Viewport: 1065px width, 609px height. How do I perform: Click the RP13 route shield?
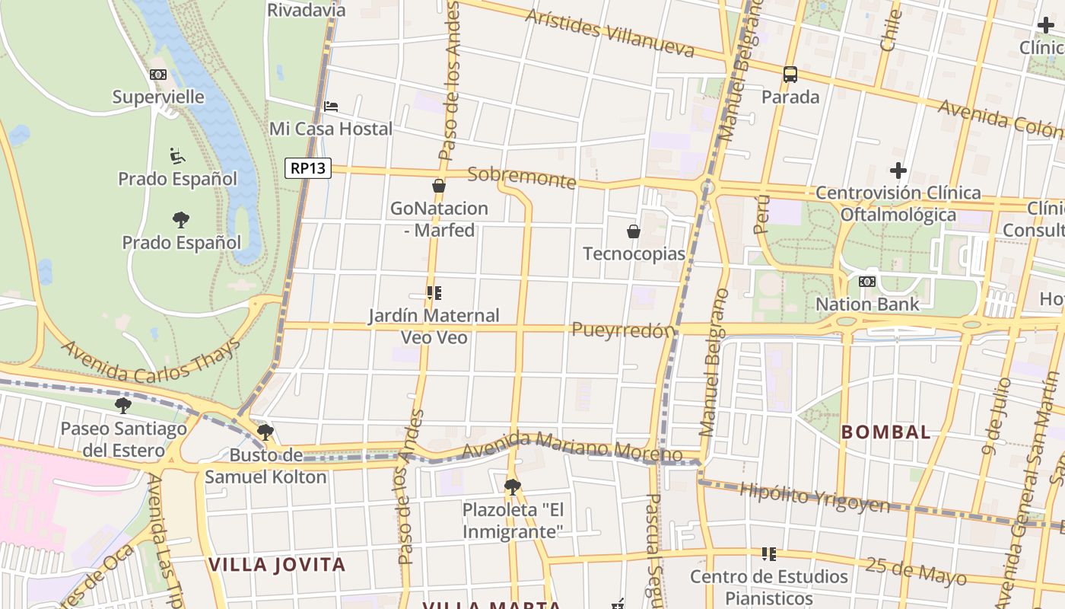click(308, 167)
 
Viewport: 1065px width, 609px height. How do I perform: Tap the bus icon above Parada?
click(790, 75)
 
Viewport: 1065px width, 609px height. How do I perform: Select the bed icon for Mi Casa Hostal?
click(331, 107)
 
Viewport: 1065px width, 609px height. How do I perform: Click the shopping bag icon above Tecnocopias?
click(633, 231)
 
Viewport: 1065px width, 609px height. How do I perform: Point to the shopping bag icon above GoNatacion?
click(439, 186)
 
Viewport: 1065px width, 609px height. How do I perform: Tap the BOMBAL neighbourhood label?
click(885, 432)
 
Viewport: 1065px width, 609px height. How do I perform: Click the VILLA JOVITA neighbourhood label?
click(277, 565)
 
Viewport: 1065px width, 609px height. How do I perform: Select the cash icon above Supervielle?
click(158, 75)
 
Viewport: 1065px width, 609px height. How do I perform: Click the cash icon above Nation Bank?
click(866, 282)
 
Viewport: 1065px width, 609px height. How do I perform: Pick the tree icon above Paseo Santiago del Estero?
click(123, 406)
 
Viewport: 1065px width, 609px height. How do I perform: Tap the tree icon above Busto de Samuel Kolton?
click(265, 433)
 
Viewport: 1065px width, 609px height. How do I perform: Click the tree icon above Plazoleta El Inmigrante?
click(513, 486)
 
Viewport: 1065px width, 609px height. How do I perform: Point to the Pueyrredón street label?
click(623, 330)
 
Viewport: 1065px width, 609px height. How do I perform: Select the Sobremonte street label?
click(522, 177)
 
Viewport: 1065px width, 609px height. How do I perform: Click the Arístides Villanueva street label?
click(610, 34)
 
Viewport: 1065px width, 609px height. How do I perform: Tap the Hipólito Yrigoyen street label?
click(814, 499)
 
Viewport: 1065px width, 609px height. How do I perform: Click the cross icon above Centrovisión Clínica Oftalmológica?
click(898, 171)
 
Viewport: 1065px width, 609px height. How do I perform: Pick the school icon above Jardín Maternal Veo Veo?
click(434, 293)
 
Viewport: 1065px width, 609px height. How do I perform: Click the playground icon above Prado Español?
click(177, 156)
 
